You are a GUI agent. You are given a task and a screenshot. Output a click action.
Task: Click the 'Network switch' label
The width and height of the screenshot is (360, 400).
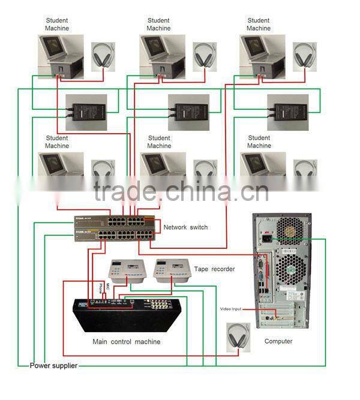click(185, 227)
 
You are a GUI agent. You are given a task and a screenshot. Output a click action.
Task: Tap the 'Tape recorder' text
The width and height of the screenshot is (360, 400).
click(214, 269)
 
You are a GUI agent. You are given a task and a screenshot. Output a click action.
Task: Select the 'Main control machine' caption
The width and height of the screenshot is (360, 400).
click(126, 342)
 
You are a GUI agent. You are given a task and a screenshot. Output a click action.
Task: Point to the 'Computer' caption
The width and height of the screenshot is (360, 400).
click(278, 341)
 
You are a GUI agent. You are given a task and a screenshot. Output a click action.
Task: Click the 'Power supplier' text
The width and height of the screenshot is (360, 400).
click(53, 365)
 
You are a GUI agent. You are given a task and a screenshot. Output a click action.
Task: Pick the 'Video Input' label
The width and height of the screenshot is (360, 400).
click(230, 309)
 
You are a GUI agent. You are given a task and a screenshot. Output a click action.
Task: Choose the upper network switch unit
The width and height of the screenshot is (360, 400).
click(113, 221)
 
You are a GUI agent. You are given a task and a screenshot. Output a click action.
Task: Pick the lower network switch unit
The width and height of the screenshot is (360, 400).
click(113, 234)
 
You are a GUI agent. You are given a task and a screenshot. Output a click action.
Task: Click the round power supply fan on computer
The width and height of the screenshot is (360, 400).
click(290, 228)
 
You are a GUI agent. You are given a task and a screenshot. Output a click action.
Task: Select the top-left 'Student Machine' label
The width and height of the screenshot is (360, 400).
click(57, 25)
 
